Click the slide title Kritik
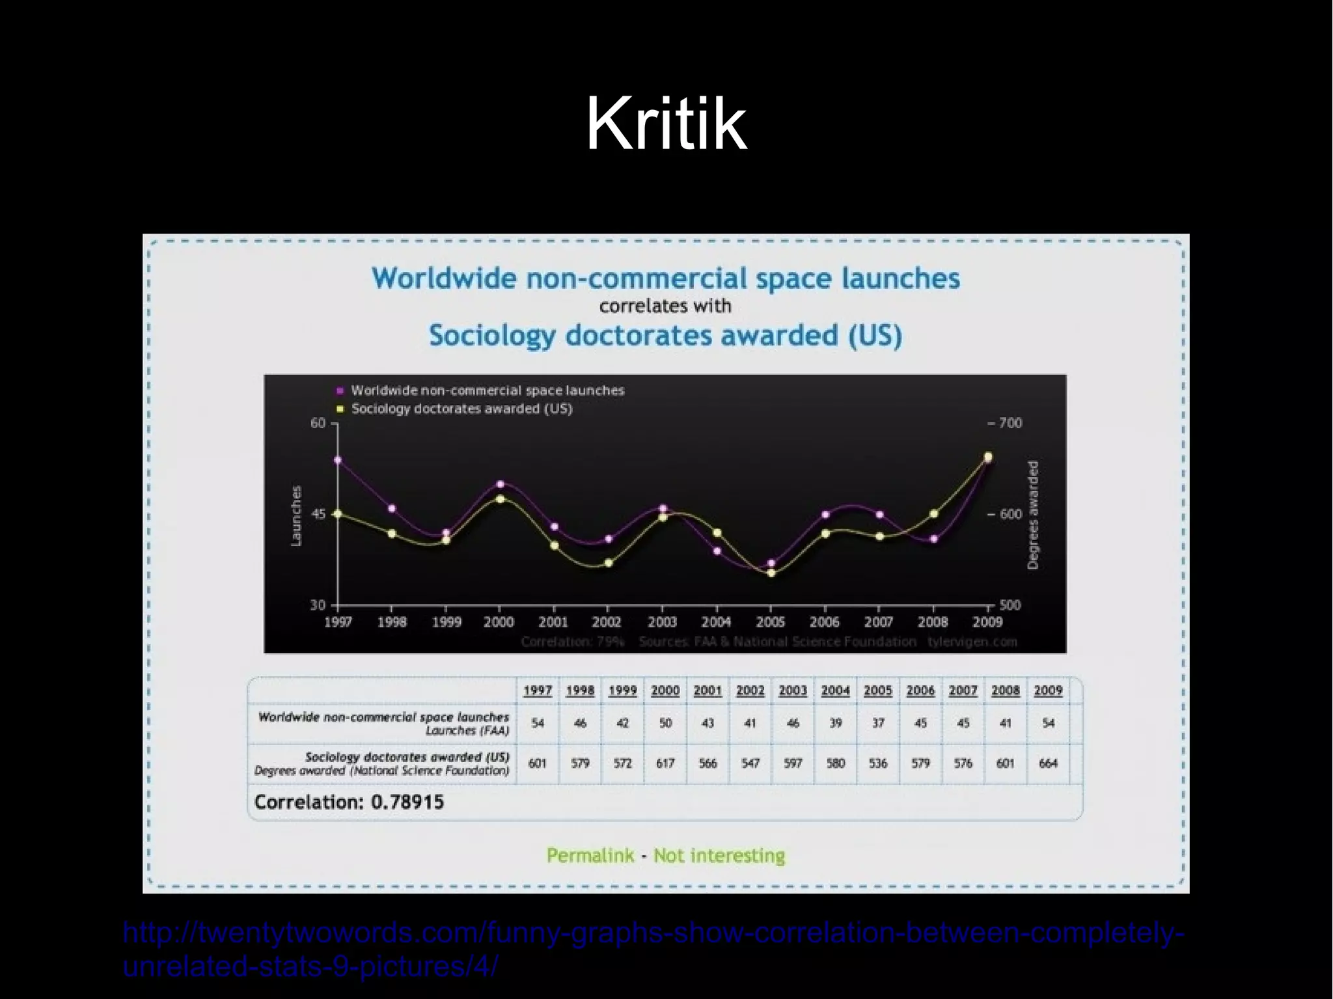click(666, 124)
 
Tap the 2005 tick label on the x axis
click(771, 622)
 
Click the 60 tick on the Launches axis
click(318, 423)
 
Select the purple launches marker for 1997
click(337, 460)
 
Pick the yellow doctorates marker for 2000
click(500, 499)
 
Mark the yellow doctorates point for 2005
click(771, 573)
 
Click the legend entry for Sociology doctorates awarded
click(461, 409)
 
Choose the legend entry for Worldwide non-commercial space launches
click(487, 390)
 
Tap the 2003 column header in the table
click(793, 691)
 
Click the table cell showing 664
click(1048, 763)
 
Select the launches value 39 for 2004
click(835, 723)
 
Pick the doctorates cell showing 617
click(665, 763)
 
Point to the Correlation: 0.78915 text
click(349, 802)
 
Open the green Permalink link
click(590, 855)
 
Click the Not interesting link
click(719, 855)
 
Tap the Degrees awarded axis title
click(1033, 515)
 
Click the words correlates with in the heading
click(665, 306)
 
